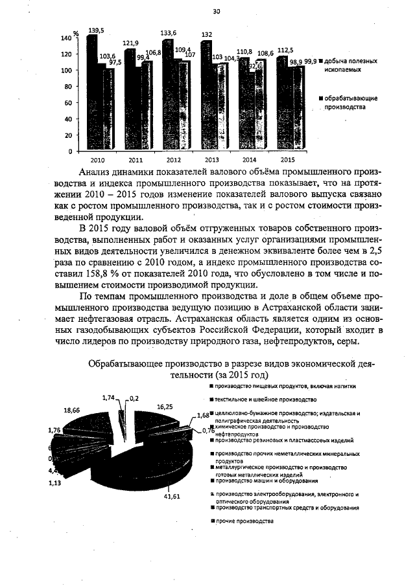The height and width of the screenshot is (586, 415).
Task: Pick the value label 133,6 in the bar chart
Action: pos(169,33)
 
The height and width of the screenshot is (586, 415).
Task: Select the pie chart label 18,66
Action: pos(72,410)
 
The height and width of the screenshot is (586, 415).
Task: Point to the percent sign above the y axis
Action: pos(76,32)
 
